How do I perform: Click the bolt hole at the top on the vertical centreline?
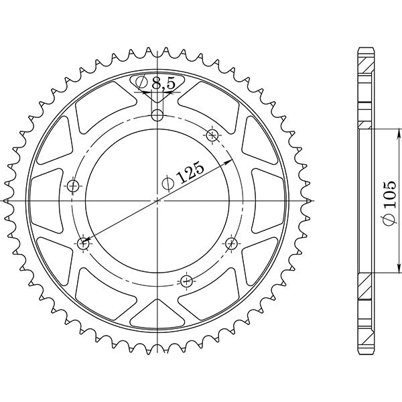click(157, 115)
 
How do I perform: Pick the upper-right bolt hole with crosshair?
click(213, 136)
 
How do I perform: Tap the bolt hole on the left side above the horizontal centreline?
click(73, 185)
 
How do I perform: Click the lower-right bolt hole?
click(232, 242)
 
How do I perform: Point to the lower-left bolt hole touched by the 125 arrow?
click(84, 243)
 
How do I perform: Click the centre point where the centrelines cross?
click(157, 200)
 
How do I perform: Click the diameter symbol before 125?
click(168, 182)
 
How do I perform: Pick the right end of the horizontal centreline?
click(314, 200)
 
